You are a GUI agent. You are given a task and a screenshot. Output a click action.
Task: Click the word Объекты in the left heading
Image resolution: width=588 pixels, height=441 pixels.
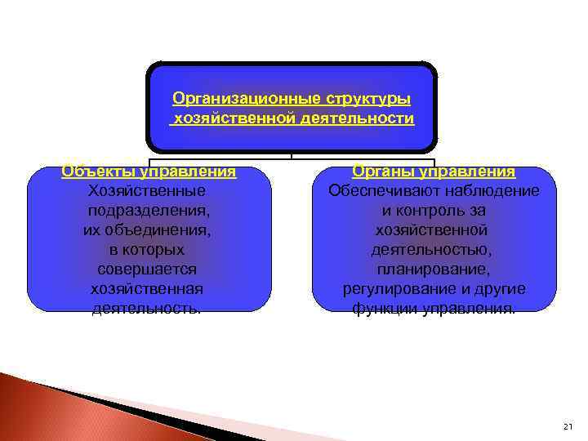click(98, 171)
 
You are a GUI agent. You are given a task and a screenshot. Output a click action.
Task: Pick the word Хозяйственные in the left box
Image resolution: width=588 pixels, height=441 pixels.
click(146, 191)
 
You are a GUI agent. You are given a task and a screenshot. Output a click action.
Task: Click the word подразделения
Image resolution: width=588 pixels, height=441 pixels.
click(147, 211)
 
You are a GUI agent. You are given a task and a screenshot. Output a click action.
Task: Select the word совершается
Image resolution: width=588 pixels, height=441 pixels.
click(147, 269)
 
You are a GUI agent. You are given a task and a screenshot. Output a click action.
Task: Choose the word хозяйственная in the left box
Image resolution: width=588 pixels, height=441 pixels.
click(147, 289)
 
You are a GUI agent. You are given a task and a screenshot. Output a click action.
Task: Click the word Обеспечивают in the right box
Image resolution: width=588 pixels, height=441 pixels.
click(382, 191)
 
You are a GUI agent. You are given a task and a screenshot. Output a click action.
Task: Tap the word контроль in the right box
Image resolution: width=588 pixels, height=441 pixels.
click(433, 211)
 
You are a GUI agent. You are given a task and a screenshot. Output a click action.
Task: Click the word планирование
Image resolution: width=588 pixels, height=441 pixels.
click(434, 269)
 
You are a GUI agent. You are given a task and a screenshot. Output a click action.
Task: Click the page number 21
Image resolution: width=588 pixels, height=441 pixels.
click(568, 427)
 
